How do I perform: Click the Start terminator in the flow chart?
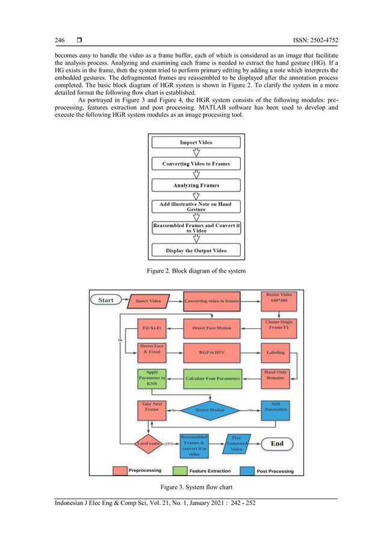point(106,300)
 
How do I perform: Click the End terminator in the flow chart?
point(277,444)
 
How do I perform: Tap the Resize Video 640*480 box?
point(279,298)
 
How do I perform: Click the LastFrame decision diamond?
point(149,444)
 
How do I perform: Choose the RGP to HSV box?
point(211,353)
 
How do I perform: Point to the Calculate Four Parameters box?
point(212,378)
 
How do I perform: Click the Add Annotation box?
point(276,408)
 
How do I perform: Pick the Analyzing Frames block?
point(196,185)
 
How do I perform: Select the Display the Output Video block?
point(196,250)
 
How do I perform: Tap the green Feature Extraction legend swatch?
point(180,471)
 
